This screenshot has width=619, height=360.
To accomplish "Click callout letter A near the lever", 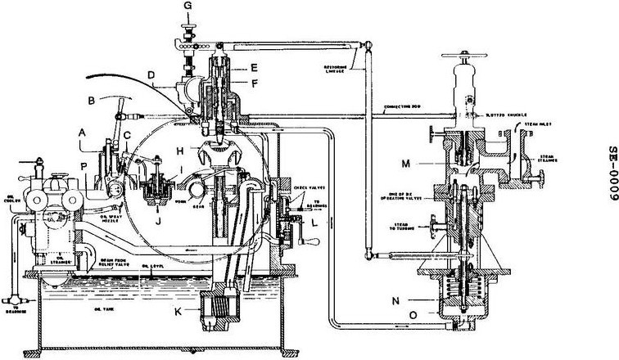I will pyautogui.click(x=81, y=130).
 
